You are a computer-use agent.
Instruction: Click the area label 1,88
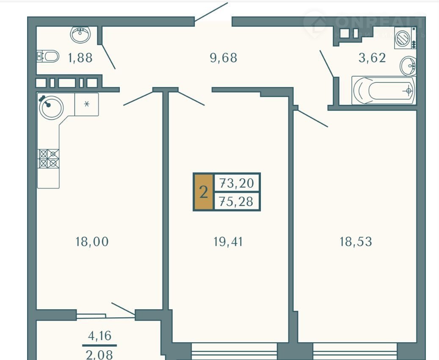(x=80, y=58)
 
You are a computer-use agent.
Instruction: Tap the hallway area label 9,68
(x=224, y=58)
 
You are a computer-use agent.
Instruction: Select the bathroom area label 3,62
(x=372, y=58)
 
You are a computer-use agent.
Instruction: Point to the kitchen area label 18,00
(x=91, y=242)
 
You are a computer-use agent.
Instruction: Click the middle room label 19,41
(x=228, y=242)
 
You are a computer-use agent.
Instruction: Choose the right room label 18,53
(x=356, y=242)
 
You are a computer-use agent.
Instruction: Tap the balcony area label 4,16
(x=99, y=336)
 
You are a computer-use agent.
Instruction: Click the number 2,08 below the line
(x=99, y=354)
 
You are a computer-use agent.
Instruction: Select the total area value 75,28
(x=237, y=202)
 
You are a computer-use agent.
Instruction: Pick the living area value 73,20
(x=237, y=183)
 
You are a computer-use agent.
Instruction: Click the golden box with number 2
(x=203, y=192)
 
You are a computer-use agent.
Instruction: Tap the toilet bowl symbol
(x=48, y=56)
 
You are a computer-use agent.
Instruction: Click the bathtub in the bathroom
(x=383, y=90)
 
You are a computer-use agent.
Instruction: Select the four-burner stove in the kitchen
(x=49, y=159)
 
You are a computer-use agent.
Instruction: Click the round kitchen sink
(x=51, y=107)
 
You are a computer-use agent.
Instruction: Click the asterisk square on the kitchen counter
(x=86, y=104)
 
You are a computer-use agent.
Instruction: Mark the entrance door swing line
(x=211, y=12)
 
